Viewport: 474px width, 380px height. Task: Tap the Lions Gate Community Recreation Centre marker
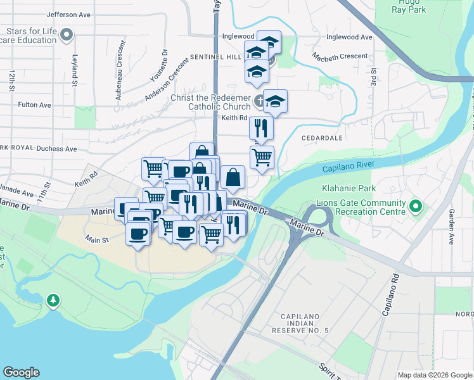(x=416, y=206)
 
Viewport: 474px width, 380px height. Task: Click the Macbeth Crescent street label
(x=340, y=57)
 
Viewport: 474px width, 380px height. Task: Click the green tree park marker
(x=53, y=299)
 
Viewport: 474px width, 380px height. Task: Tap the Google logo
(x=22, y=372)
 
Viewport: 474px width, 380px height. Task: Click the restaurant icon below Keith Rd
(x=261, y=129)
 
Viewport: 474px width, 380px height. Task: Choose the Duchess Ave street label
(x=56, y=149)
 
